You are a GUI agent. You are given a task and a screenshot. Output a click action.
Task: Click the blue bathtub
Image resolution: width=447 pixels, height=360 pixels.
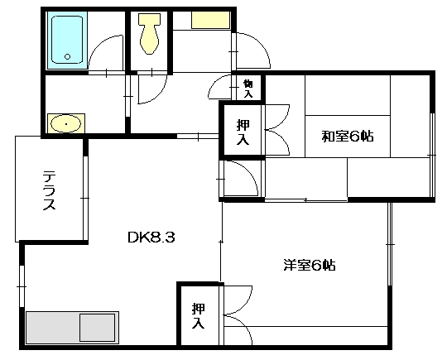(67, 40)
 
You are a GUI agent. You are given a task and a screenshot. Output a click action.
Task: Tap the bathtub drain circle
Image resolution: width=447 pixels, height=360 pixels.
(68, 56)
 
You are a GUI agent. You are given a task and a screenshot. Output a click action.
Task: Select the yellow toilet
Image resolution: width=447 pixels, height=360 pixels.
(149, 34)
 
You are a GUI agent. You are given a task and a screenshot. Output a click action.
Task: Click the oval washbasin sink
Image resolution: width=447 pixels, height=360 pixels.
(66, 123)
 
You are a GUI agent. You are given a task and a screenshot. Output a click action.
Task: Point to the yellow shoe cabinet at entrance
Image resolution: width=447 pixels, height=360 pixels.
(211, 20)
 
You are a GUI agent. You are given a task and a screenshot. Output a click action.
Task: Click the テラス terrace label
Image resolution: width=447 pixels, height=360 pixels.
(49, 190)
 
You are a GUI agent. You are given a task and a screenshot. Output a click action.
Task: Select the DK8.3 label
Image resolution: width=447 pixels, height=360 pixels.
(151, 238)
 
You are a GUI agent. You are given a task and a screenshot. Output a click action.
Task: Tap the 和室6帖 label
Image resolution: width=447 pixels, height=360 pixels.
(348, 137)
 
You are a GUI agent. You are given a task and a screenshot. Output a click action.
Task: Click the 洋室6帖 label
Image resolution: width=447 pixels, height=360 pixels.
(310, 265)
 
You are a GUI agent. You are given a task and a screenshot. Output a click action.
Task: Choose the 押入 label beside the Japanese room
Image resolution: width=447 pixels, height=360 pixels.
(243, 132)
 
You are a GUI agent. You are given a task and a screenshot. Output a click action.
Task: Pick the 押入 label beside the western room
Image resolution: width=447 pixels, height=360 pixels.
(199, 316)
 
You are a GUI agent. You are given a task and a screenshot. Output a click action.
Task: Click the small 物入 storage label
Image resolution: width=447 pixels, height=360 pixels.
(248, 89)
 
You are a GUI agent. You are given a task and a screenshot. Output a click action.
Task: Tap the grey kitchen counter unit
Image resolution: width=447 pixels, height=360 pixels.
(72, 328)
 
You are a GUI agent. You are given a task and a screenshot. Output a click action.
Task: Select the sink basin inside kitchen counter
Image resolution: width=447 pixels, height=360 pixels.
(97, 328)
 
